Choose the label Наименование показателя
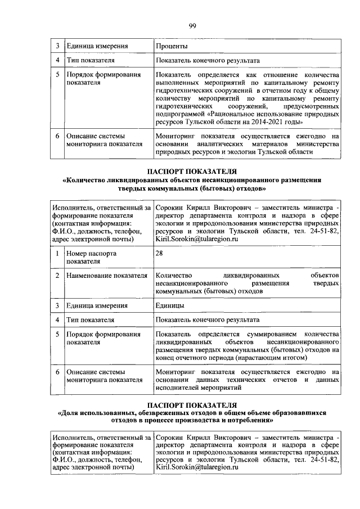[106, 276]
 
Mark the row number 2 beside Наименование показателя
[57, 276]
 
